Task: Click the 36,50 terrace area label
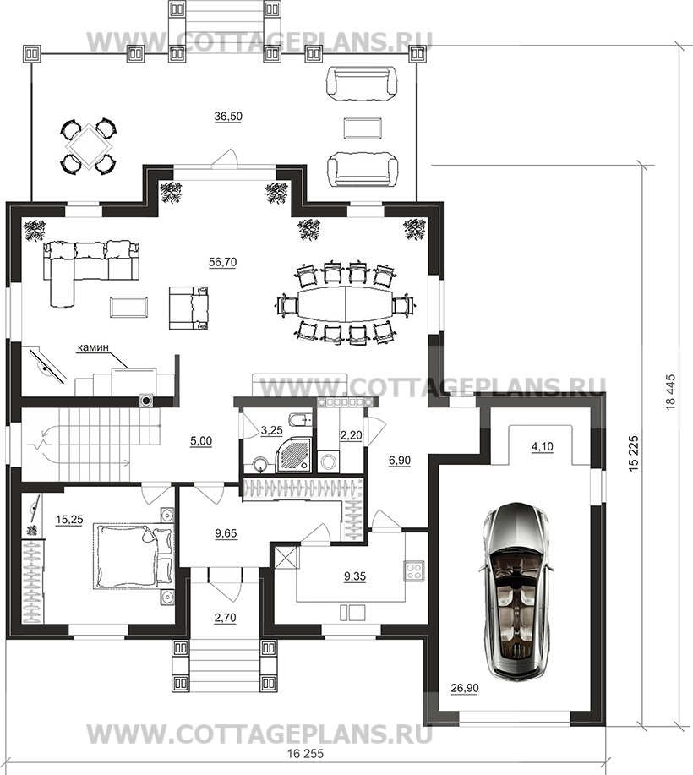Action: pos(228,117)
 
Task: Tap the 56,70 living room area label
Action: pos(222,262)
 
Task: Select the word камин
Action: pos(92,347)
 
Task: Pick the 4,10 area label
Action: pos(543,447)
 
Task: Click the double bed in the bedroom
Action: pos(133,556)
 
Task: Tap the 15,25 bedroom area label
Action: pos(69,520)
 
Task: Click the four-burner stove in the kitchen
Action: pos(414,571)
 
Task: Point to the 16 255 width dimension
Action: pos(305,754)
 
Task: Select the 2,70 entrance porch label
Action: pos(225,618)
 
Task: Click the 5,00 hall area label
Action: pos(201,441)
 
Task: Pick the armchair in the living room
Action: pos(188,308)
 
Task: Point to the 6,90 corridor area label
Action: pos(400,460)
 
